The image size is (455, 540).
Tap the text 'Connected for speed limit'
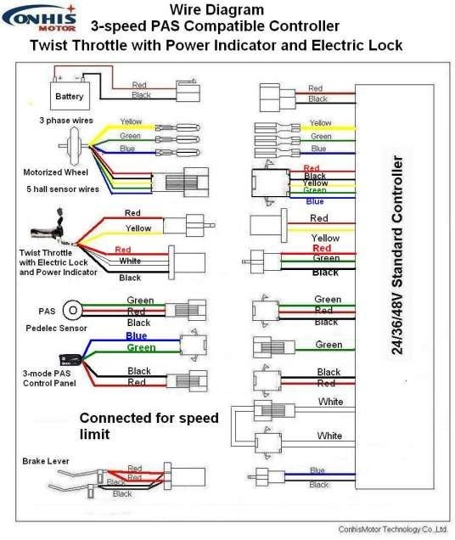tap(149, 425)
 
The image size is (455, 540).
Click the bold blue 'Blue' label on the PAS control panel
tap(136, 336)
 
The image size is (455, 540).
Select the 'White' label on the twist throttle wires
tap(130, 262)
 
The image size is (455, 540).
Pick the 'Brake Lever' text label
tap(45, 460)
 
